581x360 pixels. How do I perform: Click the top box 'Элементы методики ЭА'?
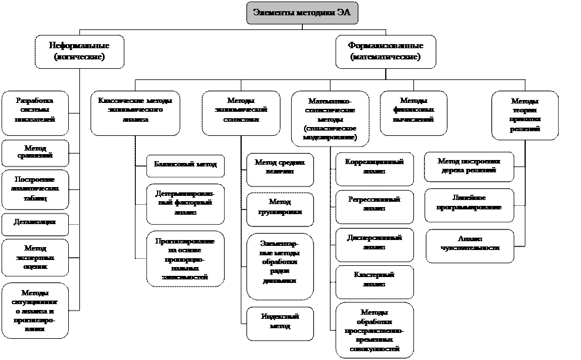pyautogui.click(x=302, y=13)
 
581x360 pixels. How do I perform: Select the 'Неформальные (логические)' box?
pyautogui.click(x=79, y=51)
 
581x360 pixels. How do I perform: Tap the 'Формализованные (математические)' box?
pyautogui.click(x=385, y=51)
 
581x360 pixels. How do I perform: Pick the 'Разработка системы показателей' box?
pyautogui.click(x=35, y=110)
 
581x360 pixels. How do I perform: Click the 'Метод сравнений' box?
pyautogui.click(x=35, y=152)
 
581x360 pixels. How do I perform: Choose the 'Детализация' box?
pyautogui.click(x=35, y=222)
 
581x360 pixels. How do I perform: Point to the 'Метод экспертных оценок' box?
pyautogui.click(x=35, y=258)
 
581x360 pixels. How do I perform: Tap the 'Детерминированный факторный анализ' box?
pyautogui.click(x=185, y=203)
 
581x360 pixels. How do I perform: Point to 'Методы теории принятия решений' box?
pyautogui.click(x=525, y=115)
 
